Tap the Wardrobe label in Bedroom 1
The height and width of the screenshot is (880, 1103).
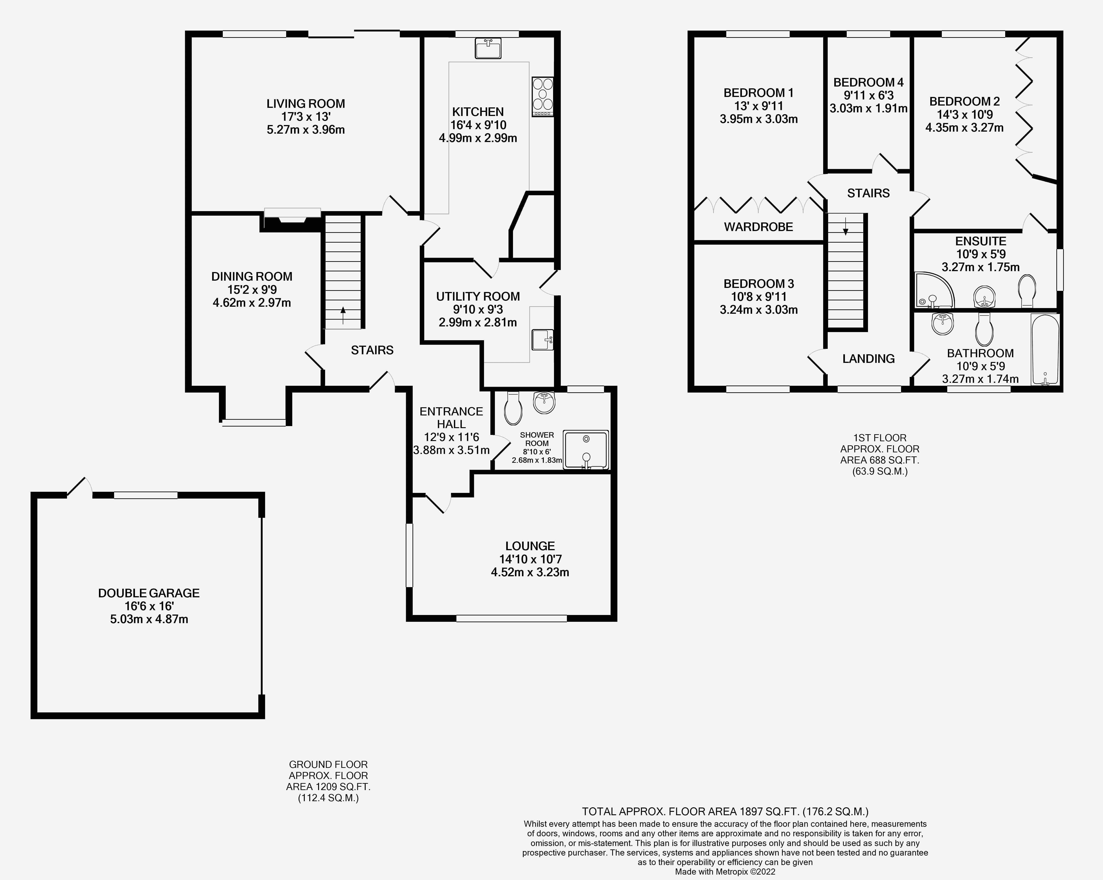[758, 227]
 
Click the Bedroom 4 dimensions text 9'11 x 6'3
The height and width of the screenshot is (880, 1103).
[868, 95]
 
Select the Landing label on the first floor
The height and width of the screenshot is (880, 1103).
[868, 359]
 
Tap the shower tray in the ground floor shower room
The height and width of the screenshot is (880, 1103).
[586, 449]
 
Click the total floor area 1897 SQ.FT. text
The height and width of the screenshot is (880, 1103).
[725, 811]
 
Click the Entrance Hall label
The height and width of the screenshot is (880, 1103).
[451, 418]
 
